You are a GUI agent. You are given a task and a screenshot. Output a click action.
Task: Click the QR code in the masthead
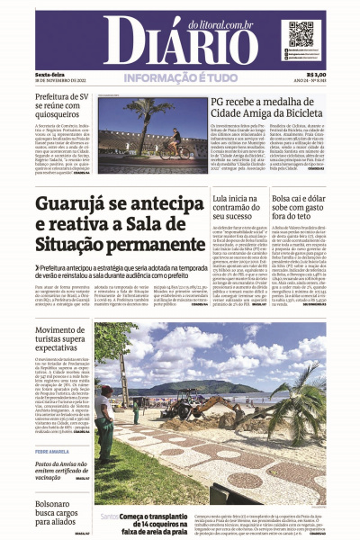point(301,35)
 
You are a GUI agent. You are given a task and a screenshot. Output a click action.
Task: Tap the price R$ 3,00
point(316,75)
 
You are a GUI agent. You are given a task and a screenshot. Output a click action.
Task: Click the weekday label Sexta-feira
point(49,75)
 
